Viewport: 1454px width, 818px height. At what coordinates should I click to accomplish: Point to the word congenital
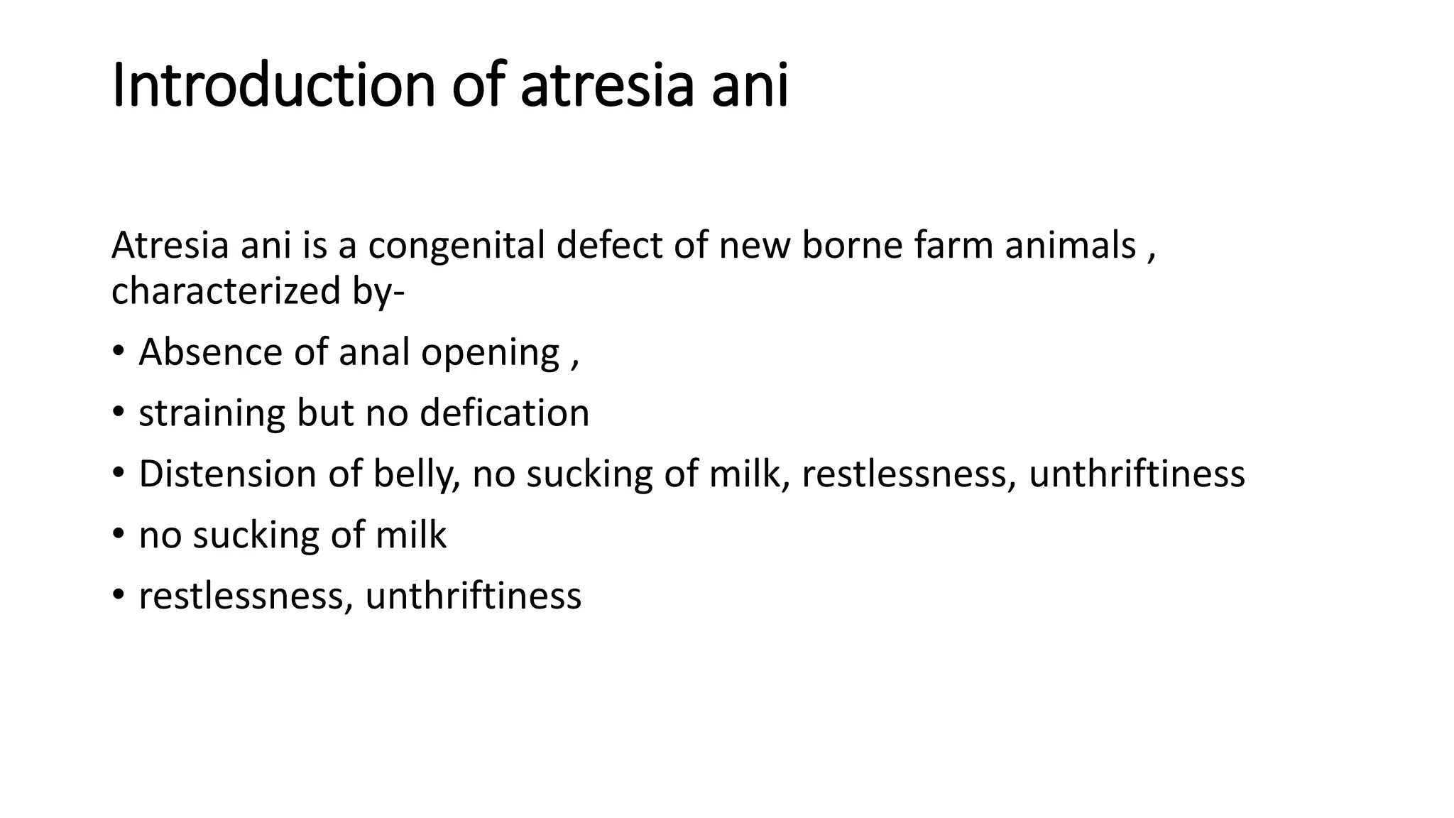pyautogui.click(x=457, y=246)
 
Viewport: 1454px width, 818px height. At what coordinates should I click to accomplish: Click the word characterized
pyautogui.click(x=226, y=291)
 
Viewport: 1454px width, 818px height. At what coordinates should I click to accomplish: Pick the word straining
pyautogui.click(x=212, y=414)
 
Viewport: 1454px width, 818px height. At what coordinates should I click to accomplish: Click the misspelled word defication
pyautogui.click(x=505, y=413)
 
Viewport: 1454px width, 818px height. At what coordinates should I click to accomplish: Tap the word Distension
pyautogui.click(x=227, y=474)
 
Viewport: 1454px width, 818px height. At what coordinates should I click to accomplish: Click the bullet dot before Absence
pyautogui.click(x=119, y=352)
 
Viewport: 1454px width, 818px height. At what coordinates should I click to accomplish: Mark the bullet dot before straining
pyautogui.click(x=119, y=413)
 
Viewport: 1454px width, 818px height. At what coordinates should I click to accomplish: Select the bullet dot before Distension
pyautogui.click(x=119, y=474)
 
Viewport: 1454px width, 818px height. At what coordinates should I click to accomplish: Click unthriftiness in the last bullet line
pyautogui.click(x=474, y=596)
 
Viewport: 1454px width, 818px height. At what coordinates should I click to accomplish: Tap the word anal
pyautogui.click(x=374, y=352)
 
